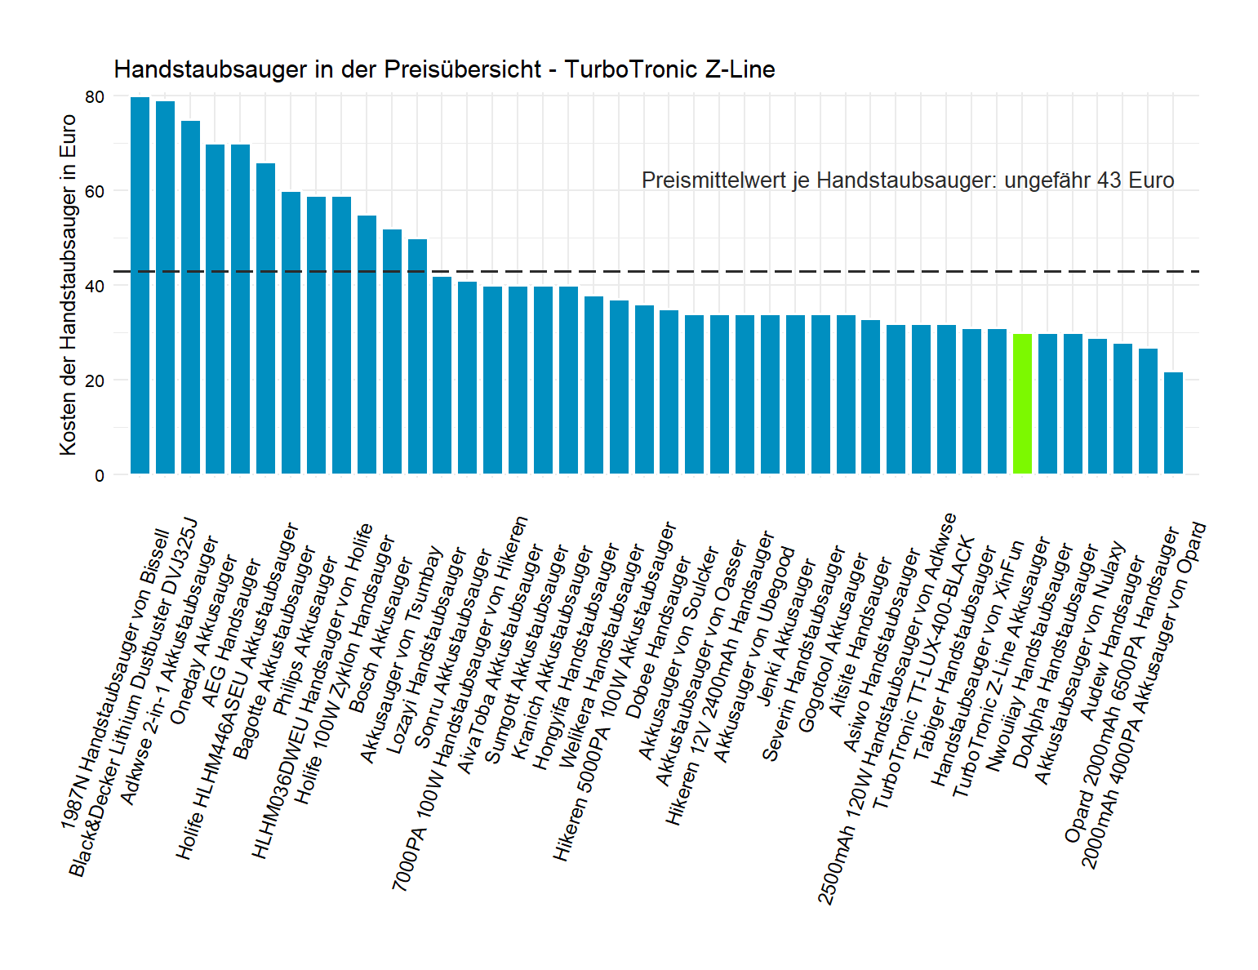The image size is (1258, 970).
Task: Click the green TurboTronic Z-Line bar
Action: tap(1022, 403)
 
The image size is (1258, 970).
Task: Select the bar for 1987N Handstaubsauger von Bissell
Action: tap(140, 285)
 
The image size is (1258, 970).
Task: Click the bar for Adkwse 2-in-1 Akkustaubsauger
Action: tap(190, 297)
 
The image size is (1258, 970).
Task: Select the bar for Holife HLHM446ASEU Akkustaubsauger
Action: tap(266, 318)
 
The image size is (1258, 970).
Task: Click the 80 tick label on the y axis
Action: tap(95, 96)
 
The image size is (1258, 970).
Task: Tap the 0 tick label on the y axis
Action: tap(100, 475)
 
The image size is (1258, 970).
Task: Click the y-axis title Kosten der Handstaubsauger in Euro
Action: tap(68, 285)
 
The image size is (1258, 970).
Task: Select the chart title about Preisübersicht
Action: tap(444, 69)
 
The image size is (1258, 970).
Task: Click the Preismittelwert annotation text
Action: tap(907, 180)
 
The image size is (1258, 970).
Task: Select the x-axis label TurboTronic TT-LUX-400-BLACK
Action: tap(923, 673)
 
